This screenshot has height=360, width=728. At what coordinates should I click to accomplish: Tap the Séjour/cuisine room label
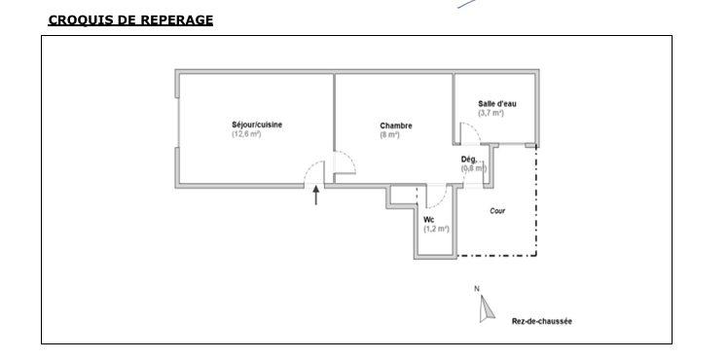[x=256, y=125]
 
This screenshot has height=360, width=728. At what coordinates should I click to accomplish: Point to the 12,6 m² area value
[x=246, y=134]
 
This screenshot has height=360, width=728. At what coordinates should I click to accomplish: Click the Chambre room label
[x=395, y=126]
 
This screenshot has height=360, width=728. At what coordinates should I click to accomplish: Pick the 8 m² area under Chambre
[x=389, y=135]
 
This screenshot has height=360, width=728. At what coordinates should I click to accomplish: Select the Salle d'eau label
[x=496, y=103]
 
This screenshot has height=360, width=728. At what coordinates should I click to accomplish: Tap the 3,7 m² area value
[x=491, y=113]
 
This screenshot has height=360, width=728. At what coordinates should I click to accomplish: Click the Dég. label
[x=469, y=160]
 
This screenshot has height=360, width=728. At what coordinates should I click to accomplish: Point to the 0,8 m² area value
[x=473, y=168]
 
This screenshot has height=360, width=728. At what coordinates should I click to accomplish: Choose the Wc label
[x=429, y=220]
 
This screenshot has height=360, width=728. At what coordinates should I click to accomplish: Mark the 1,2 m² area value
[x=436, y=230]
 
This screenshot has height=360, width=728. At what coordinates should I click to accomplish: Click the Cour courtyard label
[x=497, y=210]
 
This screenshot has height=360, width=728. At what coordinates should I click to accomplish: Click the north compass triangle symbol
[x=482, y=308]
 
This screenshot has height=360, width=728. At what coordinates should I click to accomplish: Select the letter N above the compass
[x=477, y=288]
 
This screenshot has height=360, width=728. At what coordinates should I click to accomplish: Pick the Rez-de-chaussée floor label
[x=542, y=320]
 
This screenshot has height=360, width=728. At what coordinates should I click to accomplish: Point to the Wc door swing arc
[x=434, y=196]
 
